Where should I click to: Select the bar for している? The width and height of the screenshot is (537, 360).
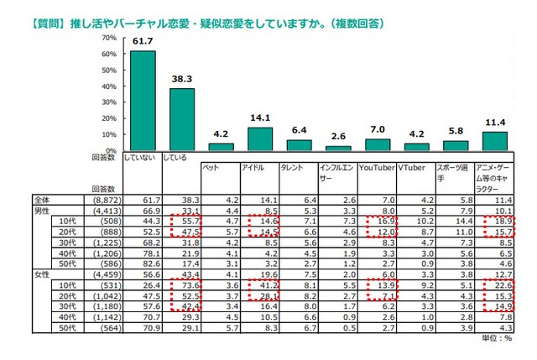pos(182,117)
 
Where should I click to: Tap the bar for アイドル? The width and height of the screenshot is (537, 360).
pos(261,138)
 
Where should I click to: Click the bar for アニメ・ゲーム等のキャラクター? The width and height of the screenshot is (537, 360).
pos(495,140)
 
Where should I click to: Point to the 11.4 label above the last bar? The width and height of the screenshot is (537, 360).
pos(496,121)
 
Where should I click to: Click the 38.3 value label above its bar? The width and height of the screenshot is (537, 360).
pos(182,78)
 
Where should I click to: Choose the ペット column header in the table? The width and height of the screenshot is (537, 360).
pos(210,168)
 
